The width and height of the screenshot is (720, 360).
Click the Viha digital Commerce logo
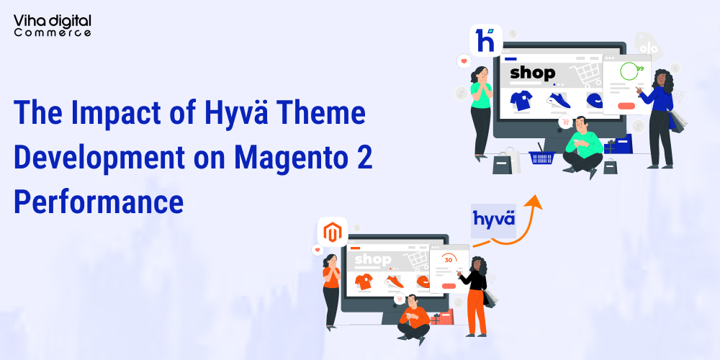pos(52,24)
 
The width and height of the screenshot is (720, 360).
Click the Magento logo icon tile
pos(332,232)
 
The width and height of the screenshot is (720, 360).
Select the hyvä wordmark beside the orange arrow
pos(494,218)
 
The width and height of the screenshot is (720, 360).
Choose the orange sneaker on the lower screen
pos(394,282)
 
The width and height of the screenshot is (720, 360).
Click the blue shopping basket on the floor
pos(541,156)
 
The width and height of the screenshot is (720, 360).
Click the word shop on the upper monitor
pos(532,73)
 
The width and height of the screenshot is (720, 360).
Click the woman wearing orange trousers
pos(475,295)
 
